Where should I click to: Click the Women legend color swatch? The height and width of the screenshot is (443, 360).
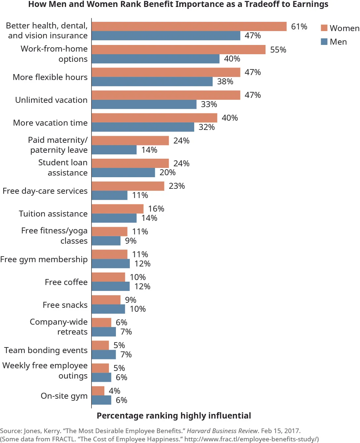(324, 28)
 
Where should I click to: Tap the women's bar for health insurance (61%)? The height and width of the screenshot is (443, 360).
(189, 26)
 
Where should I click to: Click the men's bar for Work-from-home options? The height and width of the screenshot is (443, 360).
(155, 59)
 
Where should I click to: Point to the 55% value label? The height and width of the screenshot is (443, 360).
(278, 50)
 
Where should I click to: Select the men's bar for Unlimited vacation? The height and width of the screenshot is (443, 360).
(144, 104)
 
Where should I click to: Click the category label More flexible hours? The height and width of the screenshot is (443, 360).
(50, 77)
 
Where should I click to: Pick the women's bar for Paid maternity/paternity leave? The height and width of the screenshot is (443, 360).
(130, 141)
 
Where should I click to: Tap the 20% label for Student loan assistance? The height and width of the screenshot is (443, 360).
(167, 173)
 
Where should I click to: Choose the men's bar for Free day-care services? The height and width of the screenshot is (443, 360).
(109, 195)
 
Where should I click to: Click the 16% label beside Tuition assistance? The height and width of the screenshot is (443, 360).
(156, 209)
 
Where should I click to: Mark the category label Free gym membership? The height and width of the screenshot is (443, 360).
(44, 260)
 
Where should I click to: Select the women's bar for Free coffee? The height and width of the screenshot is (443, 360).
(108, 277)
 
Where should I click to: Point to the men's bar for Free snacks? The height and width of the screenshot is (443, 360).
(108, 309)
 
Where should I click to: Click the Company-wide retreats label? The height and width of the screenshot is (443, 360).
(59, 327)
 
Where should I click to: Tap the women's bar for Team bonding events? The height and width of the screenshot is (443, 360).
(100, 345)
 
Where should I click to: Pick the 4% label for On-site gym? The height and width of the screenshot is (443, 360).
(114, 391)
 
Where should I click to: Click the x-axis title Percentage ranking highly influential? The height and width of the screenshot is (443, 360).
(174, 416)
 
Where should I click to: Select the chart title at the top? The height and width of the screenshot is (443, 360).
(178, 4)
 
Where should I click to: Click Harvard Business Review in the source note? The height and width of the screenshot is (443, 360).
(222, 431)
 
